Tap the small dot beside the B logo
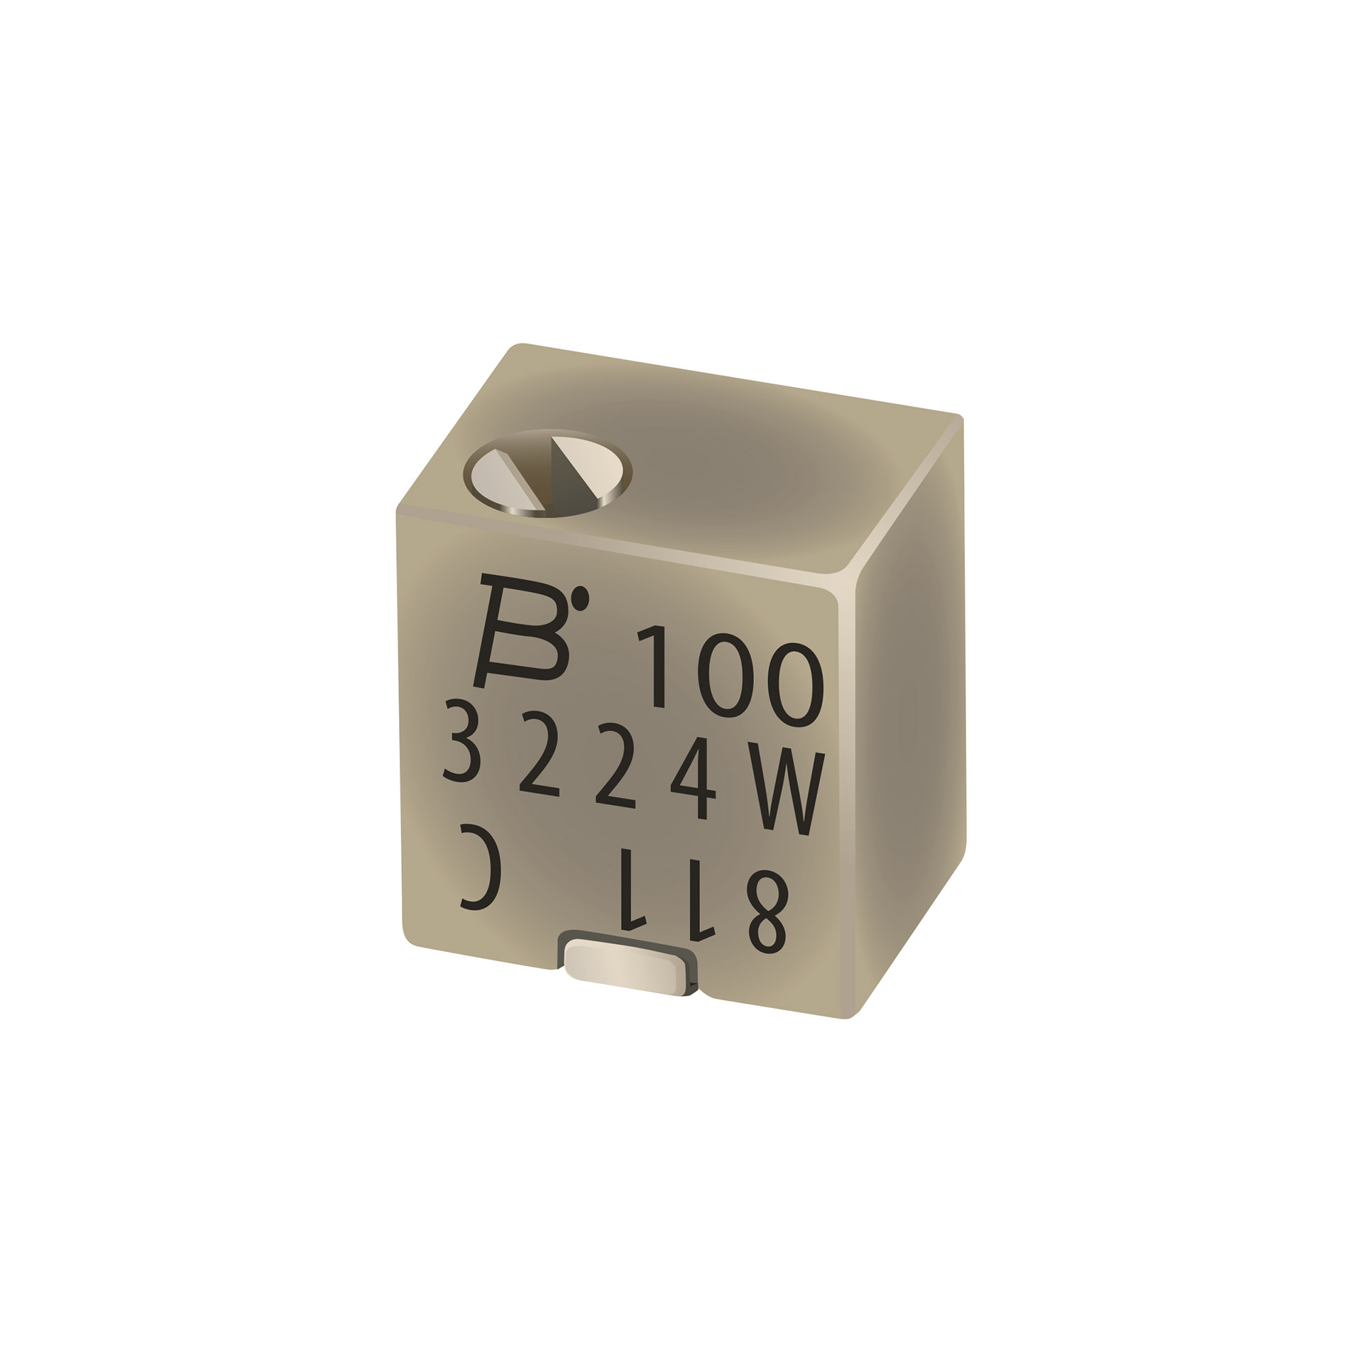[581, 598]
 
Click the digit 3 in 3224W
[463, 740]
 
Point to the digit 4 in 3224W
[694, 778]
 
